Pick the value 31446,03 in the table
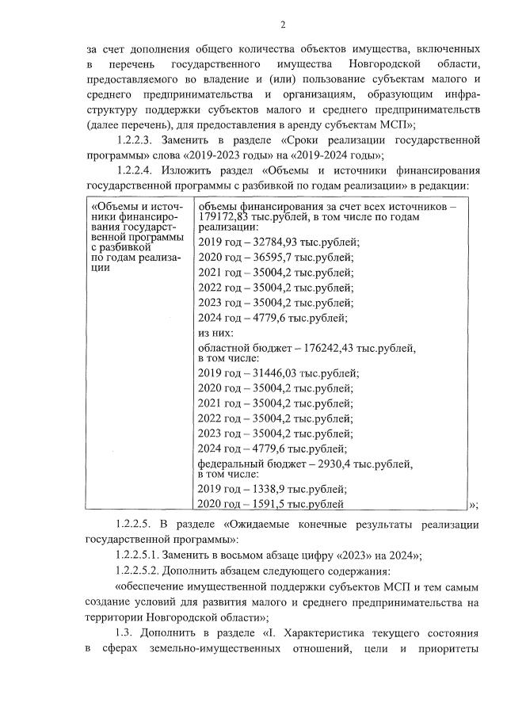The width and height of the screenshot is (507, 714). pos(277,373)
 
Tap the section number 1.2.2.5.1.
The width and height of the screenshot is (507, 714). pos(140,555)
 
